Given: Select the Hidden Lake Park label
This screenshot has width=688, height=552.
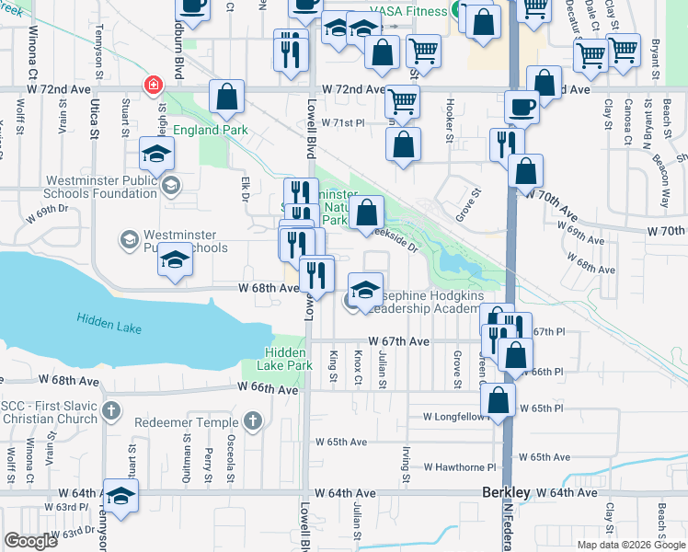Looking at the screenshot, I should click(x=289, y=359).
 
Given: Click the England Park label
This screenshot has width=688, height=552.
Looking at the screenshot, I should click(x=209, y=130).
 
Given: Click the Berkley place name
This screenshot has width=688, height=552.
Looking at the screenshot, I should click(x=506, y=493).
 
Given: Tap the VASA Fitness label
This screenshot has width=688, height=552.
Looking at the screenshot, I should click(x=407, y=10).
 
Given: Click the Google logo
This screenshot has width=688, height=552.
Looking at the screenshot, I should click(x=30, y=542).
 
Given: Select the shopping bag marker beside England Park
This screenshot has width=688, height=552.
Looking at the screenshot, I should click(x=226, y=97).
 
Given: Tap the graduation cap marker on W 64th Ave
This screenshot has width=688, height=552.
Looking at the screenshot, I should click(x=120, y=496).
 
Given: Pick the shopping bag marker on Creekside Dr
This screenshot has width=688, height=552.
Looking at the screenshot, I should click(x=367, y=213).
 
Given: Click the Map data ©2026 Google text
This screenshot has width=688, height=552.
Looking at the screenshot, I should click(x=630, y=544).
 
